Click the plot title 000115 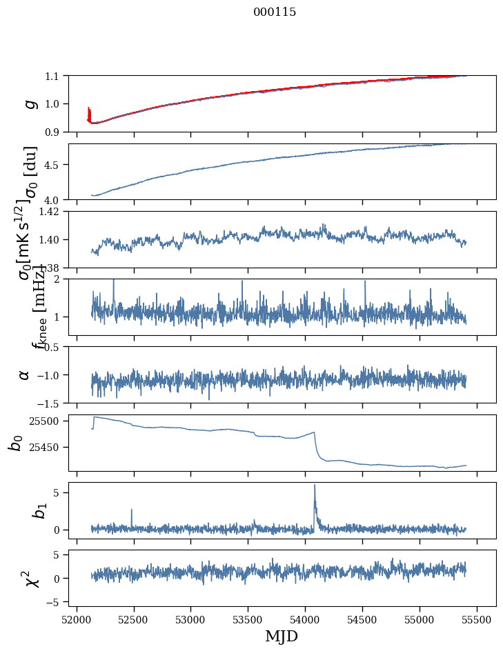point(275,12)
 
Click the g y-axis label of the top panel point(29,103)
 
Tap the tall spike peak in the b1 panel point(315,485)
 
